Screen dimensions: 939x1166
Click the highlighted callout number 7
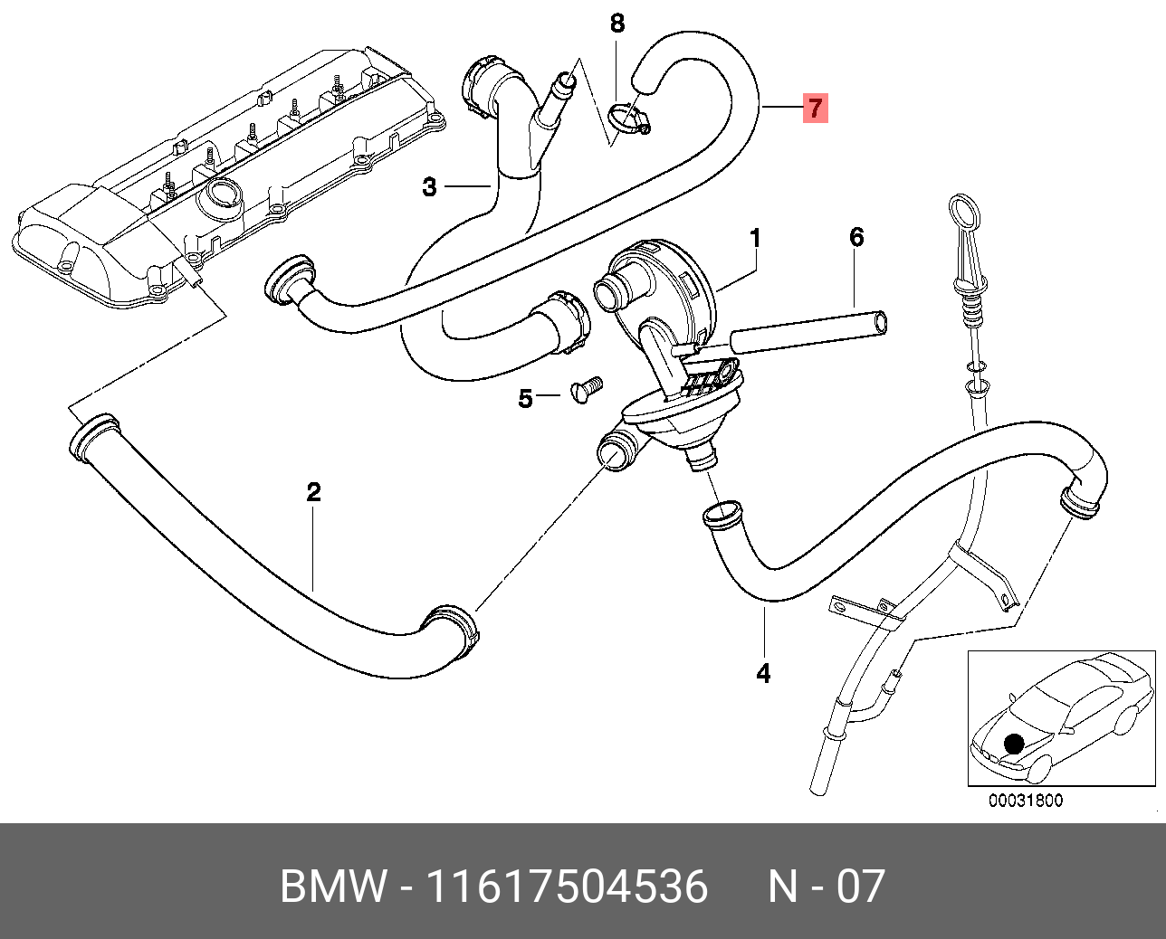pos(815,109)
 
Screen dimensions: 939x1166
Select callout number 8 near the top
pos(617,24)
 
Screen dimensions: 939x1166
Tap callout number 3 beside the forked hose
pos(430,187)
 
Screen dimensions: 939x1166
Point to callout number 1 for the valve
pos(755,239)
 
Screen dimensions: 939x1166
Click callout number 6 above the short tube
pos(856,238)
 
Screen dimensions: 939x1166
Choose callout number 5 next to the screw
pos(526,398)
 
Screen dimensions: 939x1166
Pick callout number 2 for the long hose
pos(313,492)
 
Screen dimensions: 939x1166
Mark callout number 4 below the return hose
pos(763,673)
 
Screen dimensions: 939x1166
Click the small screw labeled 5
pos(587,390)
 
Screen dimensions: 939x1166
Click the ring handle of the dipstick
pos(963,213)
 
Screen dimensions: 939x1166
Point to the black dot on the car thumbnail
pos(1014,744)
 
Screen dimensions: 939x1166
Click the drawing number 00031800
pos(1025,801)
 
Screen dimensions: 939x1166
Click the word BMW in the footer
pos(333,887)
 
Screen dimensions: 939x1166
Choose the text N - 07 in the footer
pos(826,887)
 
